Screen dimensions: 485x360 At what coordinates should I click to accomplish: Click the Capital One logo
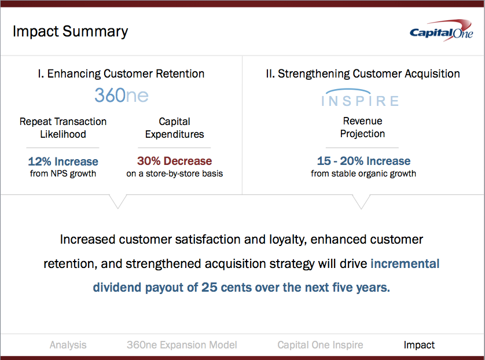[442, 31]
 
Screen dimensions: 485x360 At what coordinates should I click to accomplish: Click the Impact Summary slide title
[70, 32]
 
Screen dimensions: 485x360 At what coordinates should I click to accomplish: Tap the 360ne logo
[122, 95]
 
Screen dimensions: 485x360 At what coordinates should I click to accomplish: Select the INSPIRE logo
[360, 98]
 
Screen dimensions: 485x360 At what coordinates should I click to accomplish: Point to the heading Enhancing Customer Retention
[121, 74]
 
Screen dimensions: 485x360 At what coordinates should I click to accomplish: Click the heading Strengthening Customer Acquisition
[363, 74]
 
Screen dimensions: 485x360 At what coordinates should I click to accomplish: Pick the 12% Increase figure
[63, 161]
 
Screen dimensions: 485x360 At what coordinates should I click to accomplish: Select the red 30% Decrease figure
[174, 161]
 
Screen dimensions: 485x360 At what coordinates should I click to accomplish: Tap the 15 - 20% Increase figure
[363, 161]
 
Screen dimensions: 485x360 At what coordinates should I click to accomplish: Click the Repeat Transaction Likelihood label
[63, 128]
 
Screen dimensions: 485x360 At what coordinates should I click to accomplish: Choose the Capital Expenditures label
[174, 128]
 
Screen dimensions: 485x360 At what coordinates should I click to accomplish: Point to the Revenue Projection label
[362, 127]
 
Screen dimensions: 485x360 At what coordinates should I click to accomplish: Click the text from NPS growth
[63, 174]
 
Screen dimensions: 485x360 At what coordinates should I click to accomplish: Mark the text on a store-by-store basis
[174, 174]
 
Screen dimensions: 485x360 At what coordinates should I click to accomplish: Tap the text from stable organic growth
[363, 174]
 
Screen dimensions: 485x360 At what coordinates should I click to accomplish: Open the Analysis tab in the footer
[68, 345]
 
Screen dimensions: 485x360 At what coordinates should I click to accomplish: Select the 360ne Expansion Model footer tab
[182, 345]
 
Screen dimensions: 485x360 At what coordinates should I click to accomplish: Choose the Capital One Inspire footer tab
[320, 345]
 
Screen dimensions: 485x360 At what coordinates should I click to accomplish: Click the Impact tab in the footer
[419, 345]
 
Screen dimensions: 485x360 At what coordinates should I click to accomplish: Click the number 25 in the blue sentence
[210, 287]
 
